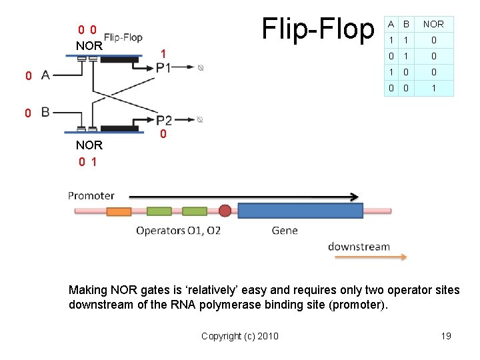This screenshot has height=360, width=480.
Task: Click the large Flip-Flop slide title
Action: pyautogui.click(x=318, y=29)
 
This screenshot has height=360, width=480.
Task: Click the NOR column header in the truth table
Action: pyautogui.click(x=433, y=25)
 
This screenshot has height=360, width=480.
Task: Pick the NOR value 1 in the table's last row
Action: pyautogui.click(x=433, y=88)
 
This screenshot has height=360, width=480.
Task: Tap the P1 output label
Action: pyautogui.click(x=164, y=67)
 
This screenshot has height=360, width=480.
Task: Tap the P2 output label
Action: pyautogui.click(x=164, y=120)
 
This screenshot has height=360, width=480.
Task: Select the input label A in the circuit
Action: pyautogui.click(x=45, y=75)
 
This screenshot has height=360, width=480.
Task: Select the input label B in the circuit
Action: pyautogui.click(x=45, y=112)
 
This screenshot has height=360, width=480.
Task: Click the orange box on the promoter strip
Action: pyautogui.click(x=119, y=211)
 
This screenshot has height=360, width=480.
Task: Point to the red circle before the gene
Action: pyautogui.click(x=225, y=211)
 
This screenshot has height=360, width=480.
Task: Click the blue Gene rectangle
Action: pyautogui.click(x=300, y=211)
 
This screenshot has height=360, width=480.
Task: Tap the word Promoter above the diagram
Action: pyautogui.click(x=91, y=195)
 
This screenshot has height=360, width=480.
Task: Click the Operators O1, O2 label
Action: pyautogui.click(x=178, y=231)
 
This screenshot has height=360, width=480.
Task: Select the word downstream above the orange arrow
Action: pyautogui.click(x=359, y=246)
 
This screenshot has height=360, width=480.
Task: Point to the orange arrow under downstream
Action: pyautogui.click(x=367, y=257)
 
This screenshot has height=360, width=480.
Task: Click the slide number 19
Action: pyautogui.click(x=446, y=335)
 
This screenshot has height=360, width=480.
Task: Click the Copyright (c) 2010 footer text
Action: pyautogui.click(x=240, y=335)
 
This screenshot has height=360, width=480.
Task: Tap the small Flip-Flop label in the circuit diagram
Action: pyautogui.click(x=123, y=37)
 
